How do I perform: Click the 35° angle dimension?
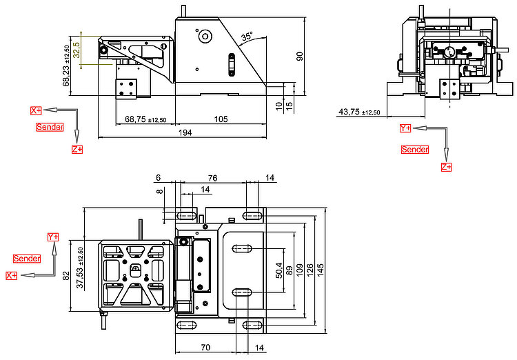[247, 34]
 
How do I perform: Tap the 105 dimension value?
[221, 119]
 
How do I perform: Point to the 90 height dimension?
[300, 56]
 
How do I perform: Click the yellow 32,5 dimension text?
[76, 50]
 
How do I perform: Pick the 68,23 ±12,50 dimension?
[66, 66]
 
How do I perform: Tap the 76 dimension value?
[212, 178]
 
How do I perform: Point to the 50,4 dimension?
[278, 268]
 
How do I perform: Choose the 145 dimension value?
[321, 268]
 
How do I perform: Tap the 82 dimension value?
[65, 275]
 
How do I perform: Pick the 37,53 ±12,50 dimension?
[79, 267]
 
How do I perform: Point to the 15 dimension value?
[289, 105]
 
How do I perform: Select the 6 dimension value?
[158, 178]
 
